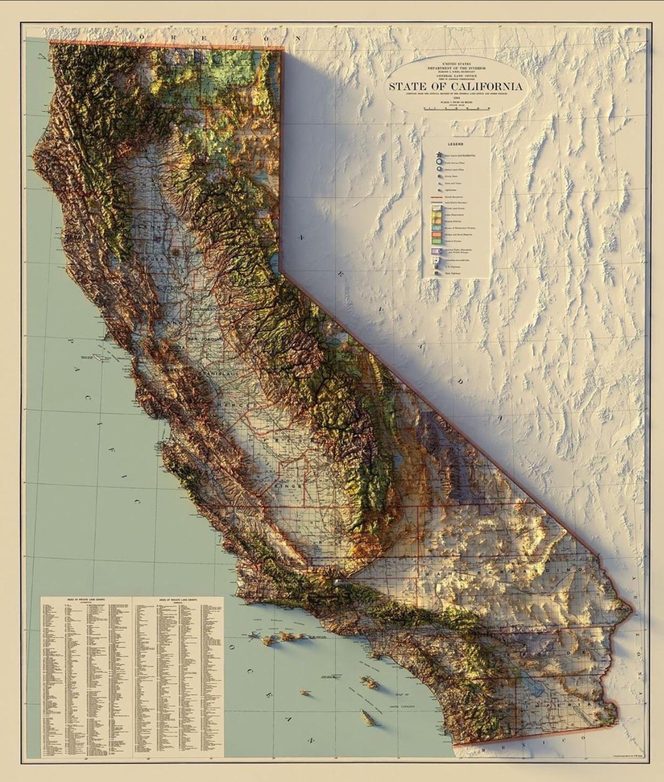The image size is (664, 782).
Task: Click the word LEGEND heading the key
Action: tap(455, 144)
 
